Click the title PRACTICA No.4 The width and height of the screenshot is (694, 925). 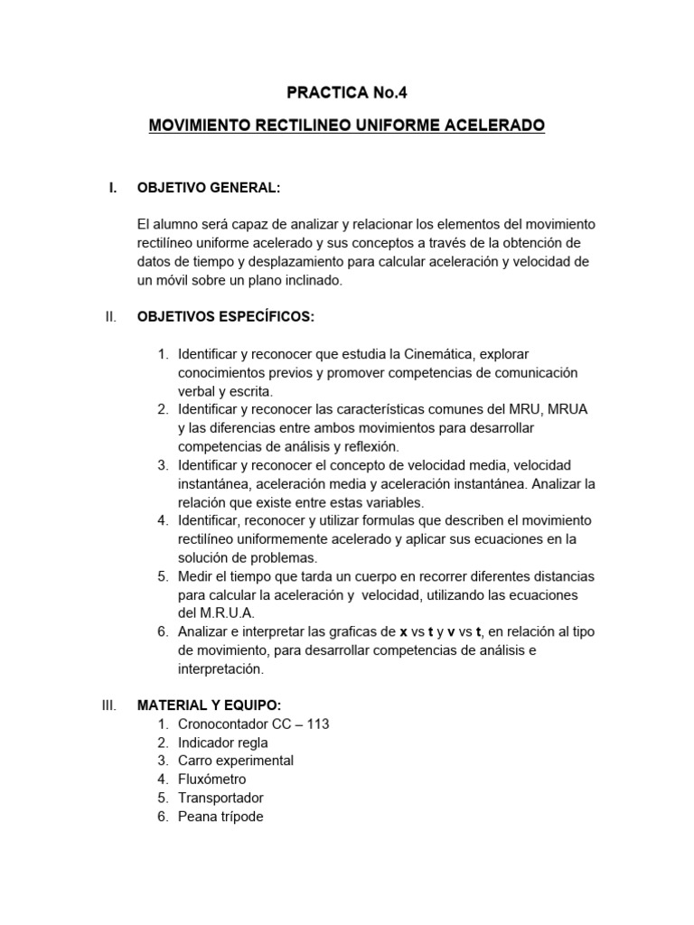pyautogui.click(x=347, y=91)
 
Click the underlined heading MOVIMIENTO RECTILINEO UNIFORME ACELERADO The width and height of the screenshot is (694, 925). pyautogui.click(x=347, y=126)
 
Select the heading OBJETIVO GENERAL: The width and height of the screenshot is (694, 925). pyautogui.click(x=208, y=188)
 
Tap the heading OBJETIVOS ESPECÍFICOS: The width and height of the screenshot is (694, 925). pyautogui.click(x=226, y=317)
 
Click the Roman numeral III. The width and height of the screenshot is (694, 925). pyautogui.click(x=108, y=705)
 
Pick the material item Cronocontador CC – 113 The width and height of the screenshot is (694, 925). pyautogui.click(x=258, y=724)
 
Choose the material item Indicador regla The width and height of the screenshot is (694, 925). pyautogui.click(x=222, y=743)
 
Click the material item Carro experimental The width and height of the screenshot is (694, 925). pyautogui.click(x=236, y=761)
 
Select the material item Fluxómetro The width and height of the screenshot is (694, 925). pyautogui.click(x=211, y=779)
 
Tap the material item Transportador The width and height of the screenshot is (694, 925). pyautogui.click(x=220, y=798)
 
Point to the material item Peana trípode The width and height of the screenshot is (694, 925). pyautogui.click(x=220, y=817)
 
